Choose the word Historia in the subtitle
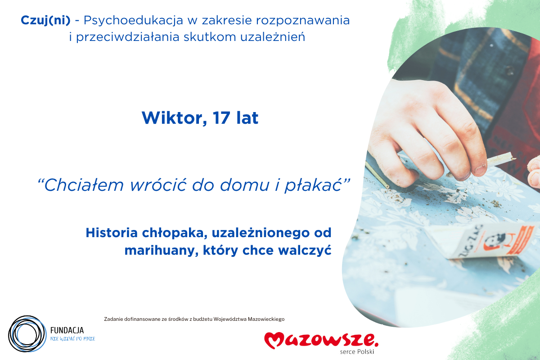coord(108,233)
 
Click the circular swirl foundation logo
coord(27,334)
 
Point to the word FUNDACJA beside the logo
coord(67,330)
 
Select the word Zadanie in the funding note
coord(114,319)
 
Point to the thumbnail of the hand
coord(478,169)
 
